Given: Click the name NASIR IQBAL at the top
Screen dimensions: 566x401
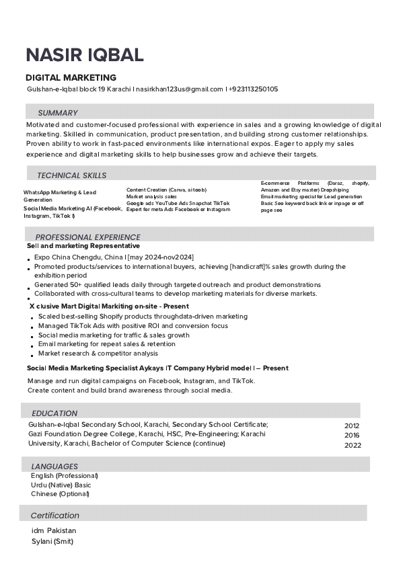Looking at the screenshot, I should [x=85, y=55].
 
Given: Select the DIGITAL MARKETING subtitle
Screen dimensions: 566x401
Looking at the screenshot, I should [x=71, y=78].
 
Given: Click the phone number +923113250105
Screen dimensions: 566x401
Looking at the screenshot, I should [x=254, y=89].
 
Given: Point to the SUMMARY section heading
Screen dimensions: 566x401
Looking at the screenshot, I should [x=58, y=113].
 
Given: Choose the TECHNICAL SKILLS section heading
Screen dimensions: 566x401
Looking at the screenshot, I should [x=71, y=175].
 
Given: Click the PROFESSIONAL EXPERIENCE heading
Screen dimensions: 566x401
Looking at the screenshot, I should [x=87, y=237].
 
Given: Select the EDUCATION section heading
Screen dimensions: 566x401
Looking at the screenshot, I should [x=54, y=413].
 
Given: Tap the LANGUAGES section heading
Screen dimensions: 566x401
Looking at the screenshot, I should [x=54, y=466].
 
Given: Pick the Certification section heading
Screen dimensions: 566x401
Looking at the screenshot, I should [x=55, y=516].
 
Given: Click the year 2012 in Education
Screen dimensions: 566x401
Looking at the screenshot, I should [x=352, y=426].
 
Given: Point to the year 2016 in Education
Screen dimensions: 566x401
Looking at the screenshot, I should [x=352, y=436].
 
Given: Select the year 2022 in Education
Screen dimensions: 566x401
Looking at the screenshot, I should [x=353, y=445].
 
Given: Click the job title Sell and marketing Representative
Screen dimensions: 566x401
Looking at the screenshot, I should [x=83, y=246].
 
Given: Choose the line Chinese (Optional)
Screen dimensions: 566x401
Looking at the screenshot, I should [x=60, y=494].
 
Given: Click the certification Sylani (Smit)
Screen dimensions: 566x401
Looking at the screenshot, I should [x=52, y=541].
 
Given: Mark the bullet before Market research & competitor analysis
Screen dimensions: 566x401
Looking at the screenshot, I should [x=31, y=355].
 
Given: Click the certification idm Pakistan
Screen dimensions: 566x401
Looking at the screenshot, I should [x=54, y=530].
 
